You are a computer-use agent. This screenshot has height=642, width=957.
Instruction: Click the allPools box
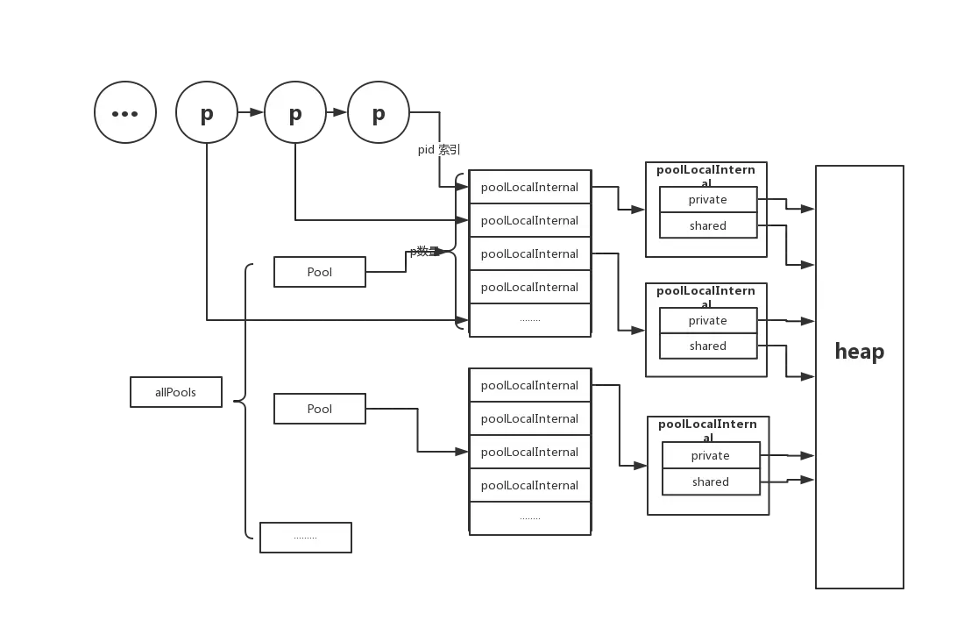tap(175, 392)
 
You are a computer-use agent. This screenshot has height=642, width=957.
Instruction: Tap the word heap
tap(859, 352)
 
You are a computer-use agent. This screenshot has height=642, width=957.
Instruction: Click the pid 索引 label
tap(438, 150)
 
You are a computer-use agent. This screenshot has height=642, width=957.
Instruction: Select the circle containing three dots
tap(125, 113)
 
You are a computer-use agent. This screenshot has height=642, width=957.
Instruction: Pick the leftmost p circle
tap(207, 113)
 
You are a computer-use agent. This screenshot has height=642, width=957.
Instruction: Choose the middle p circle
tap(295, 113)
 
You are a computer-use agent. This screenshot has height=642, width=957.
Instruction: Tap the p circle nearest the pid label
tap(379, 113)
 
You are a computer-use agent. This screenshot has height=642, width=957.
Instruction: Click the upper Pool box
tap(319, 272)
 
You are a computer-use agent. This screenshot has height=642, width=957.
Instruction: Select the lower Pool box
tap(319, 409)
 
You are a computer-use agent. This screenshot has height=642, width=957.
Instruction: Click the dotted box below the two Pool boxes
tap(305, 537)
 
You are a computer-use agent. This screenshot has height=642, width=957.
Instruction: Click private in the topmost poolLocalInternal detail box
tap(707, 200)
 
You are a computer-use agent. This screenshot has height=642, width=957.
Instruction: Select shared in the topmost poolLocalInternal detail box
tap(707, 225)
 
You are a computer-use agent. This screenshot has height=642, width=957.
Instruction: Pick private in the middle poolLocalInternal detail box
tap(707, 320)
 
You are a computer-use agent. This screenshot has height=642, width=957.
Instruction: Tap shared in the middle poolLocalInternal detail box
tap(707, 346)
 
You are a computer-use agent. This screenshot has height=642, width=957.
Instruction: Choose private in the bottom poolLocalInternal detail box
tap(710, 455)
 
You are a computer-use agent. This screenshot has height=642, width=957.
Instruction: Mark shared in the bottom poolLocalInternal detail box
tap(710, 481)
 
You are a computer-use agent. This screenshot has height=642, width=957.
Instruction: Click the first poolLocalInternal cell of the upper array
tap(530, 187)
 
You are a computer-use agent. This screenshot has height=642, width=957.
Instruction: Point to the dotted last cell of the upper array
tap(530, 320)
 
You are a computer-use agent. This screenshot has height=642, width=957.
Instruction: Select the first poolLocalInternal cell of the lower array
tap(530, 385)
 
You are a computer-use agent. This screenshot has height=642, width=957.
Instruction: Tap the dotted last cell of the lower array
tap(530, 518)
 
